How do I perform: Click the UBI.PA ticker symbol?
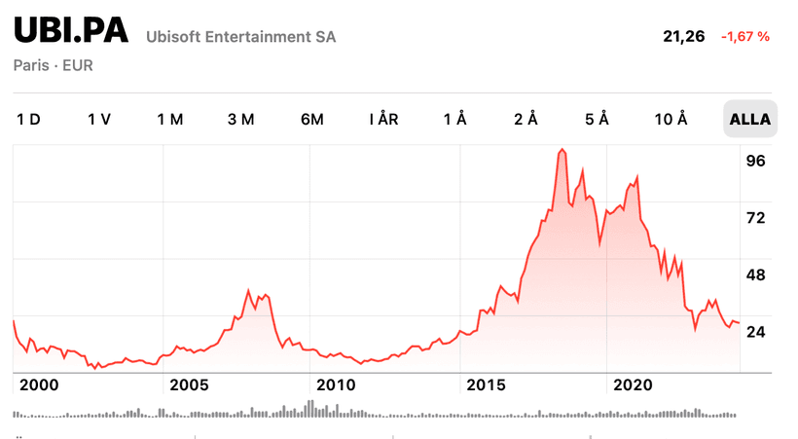71,31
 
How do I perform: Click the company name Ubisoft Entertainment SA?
240,37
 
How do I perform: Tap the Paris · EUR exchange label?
54,66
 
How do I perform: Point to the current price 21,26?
683,36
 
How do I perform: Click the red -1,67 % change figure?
745,36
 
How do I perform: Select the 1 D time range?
28,120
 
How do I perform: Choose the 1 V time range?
99,120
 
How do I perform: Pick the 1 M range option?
170,120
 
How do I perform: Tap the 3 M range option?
241,120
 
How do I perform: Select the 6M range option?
312,120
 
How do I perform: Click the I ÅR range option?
383,120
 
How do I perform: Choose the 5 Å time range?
597,120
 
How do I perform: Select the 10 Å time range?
671,120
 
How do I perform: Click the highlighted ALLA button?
749,120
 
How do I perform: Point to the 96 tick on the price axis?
755,161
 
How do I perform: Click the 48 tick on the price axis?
755,274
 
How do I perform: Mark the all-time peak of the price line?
562,149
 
